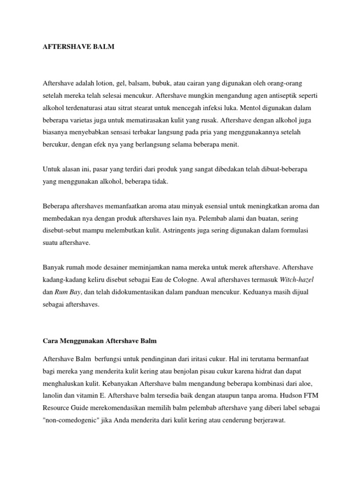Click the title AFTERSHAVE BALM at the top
tap(78, 48)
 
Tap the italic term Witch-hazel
tap(297, 280)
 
